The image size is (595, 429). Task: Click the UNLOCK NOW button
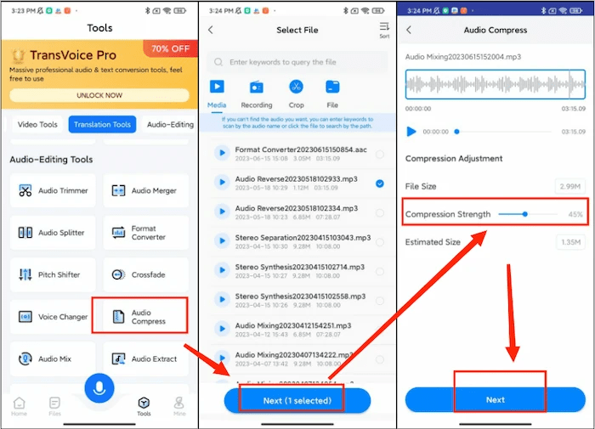click(99, 95)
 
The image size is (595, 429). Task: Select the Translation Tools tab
click(102, 125)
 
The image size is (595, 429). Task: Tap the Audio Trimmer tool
click(53, 191)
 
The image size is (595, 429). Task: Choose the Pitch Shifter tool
click(53, 275)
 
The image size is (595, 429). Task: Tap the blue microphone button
click(99, 389)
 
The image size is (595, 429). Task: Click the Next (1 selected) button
click(297, 400)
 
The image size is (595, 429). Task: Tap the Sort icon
click(383, 30)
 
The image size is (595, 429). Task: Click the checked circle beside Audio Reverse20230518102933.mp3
click(379, 183)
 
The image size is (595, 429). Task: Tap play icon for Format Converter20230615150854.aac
click(221, 154)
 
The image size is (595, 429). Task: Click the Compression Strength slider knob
click(525, 214)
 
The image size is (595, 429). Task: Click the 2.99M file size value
click(569, 186)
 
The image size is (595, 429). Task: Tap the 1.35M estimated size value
click(569, 243)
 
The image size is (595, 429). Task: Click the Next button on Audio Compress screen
click(495, 399)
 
